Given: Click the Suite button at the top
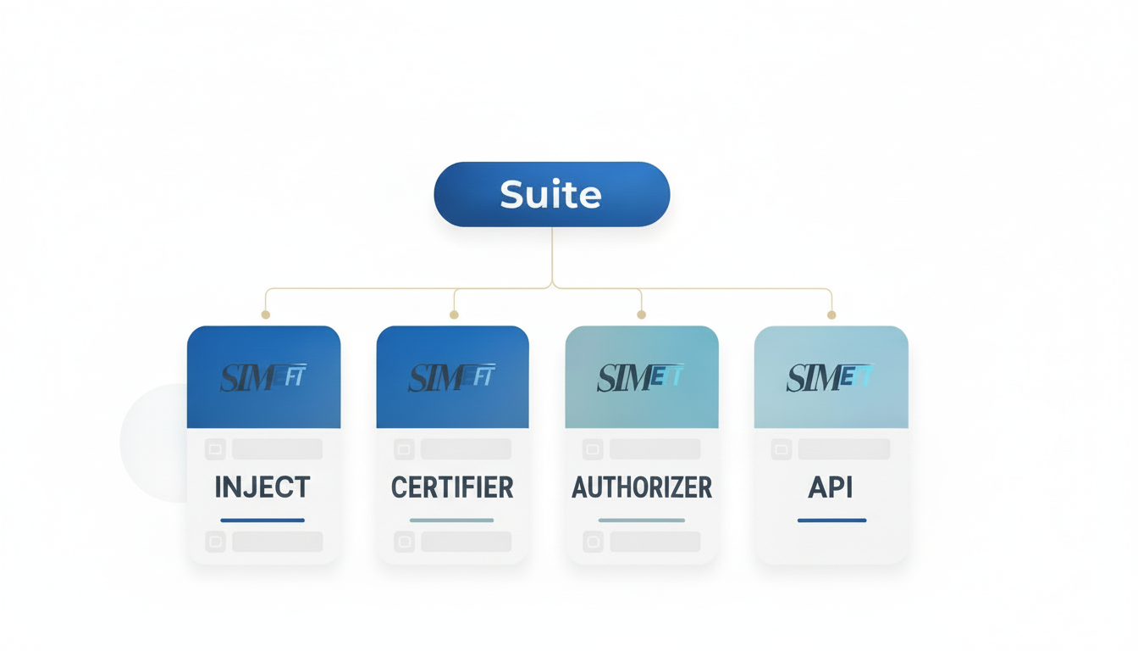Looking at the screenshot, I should pos(551,194).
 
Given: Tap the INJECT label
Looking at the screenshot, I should pos(262,487).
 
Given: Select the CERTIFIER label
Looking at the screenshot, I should pos(452,487).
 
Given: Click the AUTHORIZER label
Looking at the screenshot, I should pos(642,487).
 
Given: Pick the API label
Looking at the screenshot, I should pos(831,487).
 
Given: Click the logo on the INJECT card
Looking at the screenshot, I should pos(262,378).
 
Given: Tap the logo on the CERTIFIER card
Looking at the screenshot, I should pos(451,378).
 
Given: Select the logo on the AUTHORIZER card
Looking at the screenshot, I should pos(641,378).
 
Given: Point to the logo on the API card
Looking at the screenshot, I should pos(830,378).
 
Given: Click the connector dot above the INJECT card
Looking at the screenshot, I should pos(265,314).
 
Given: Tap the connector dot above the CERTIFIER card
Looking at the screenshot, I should pos(454,314).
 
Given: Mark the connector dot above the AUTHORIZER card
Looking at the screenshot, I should pos(641,314).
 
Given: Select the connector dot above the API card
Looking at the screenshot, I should pos(831,314).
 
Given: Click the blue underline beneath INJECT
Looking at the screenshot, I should pos(262,520).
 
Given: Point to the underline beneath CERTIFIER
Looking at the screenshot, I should pos(451,520).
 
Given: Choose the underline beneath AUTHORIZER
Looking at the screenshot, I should pos(641,520).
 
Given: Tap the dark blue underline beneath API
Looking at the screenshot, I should pos(831,520).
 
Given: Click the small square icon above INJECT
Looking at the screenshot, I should pos(215,449).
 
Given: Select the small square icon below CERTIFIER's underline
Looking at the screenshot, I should pos(404,542).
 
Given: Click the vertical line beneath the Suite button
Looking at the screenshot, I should pos(552,254).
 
